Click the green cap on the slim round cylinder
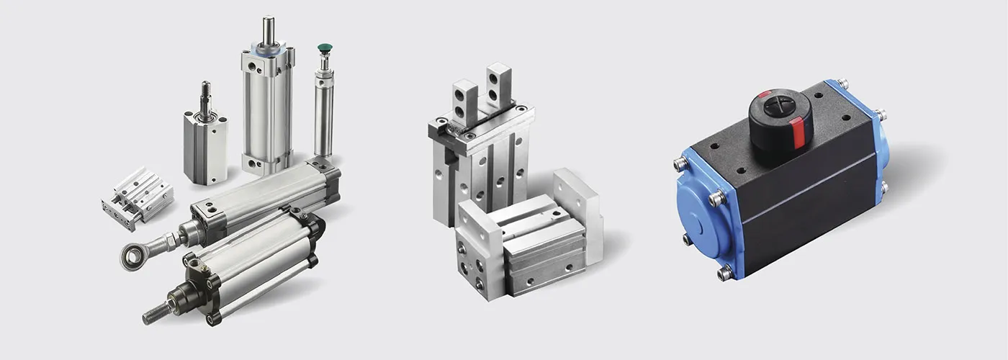(324, 49)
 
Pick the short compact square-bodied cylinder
(205, 148)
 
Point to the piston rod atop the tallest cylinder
(268, 29)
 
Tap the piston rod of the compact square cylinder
(205, 97)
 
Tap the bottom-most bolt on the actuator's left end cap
(724, 272)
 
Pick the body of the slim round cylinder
(323, 115)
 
